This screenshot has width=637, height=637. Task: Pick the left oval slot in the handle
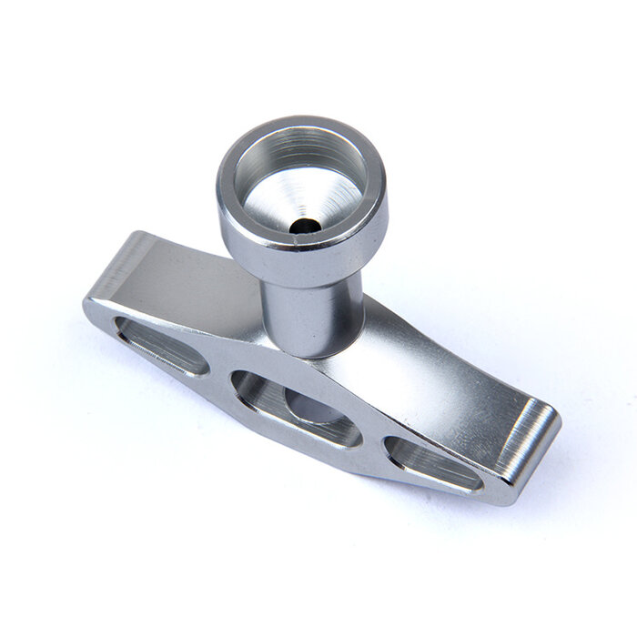(x=160, y=346)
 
